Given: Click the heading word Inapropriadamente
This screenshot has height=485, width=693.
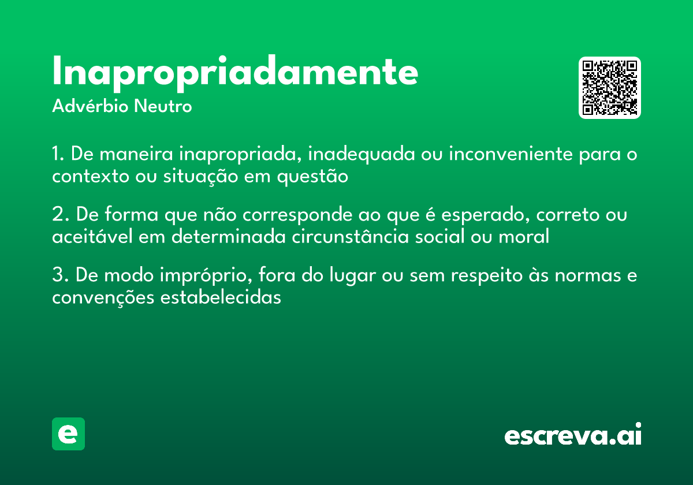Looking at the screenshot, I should (234, 73).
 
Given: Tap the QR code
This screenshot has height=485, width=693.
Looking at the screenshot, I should (610, 88).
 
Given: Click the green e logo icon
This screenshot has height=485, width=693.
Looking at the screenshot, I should (68, 434).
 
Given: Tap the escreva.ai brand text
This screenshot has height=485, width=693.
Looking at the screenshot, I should (572, 435).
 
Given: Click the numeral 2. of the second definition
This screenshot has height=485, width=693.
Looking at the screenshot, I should (60, 215).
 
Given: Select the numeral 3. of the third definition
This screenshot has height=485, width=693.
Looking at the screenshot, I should (60, 275).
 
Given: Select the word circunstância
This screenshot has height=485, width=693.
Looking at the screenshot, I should (350, 237).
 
